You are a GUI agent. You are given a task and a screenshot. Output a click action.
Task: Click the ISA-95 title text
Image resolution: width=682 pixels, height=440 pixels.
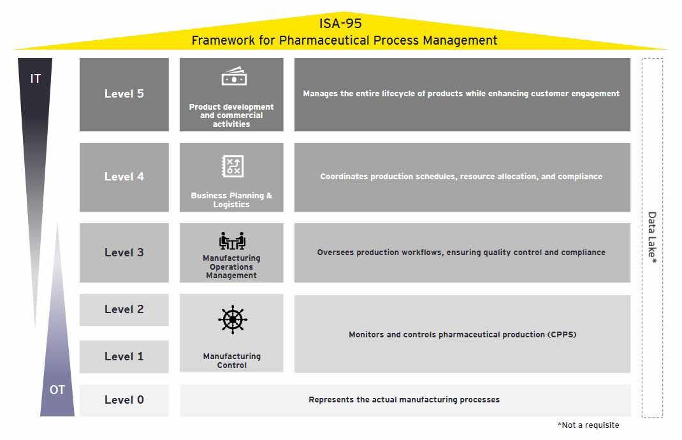point(340,24)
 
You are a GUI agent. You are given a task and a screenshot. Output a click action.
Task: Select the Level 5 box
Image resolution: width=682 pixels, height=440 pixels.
point(124,94)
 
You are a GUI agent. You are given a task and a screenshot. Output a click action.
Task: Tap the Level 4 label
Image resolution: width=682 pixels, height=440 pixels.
point(124,177)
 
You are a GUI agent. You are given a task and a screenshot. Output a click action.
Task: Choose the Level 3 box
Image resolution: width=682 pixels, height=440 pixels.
point(124,253)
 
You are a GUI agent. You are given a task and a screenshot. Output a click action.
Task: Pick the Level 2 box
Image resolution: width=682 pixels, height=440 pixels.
point(124,309)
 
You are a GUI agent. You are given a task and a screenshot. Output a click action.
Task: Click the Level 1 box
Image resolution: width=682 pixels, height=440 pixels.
point(124,356)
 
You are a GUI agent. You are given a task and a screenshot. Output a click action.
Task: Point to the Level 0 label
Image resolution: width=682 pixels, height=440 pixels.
point(124,400)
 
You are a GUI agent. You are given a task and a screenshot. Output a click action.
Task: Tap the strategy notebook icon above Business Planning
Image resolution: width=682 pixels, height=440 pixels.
point(231,166)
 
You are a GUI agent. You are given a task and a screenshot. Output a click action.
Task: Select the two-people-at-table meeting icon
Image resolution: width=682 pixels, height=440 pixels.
point(232,241)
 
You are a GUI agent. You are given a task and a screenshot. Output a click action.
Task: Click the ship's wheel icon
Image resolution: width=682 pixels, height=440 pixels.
point(232,319)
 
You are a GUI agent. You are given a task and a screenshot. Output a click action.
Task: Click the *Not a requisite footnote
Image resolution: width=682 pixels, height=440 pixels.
point(588,425)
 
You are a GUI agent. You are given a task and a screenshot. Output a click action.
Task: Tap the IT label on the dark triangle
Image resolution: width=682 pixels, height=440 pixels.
point(36,78)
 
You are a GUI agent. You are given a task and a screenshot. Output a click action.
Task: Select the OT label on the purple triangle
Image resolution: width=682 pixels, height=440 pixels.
point(57,390)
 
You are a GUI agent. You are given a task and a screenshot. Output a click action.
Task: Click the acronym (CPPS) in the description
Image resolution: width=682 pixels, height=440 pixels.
point(562,334)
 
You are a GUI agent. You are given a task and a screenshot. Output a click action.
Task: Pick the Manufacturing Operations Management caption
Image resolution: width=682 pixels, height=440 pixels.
point(231,267)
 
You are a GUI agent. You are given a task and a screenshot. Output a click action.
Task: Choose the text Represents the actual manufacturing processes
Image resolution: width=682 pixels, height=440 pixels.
point(404,400)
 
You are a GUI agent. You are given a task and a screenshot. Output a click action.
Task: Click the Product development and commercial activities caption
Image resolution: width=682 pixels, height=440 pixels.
point(231,115)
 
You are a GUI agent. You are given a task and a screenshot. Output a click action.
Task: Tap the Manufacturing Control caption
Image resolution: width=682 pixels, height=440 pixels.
point(231,360)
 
